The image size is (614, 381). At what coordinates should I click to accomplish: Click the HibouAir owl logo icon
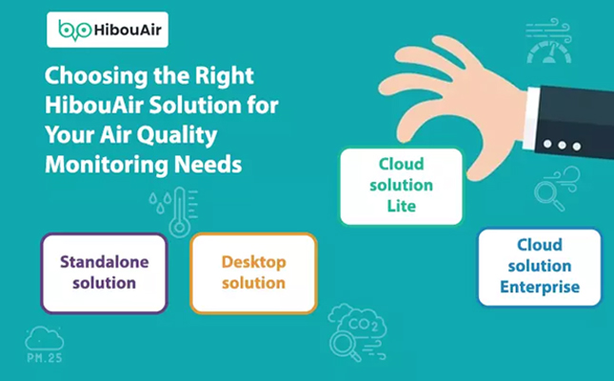tap(75, 30)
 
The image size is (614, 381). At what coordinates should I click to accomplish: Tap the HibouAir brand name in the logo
tap(128, 30)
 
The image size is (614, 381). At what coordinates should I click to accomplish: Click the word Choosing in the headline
tap(96, 76)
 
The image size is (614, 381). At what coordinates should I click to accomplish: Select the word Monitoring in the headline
tap(107, 164)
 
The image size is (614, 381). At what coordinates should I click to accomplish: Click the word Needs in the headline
tap(208, 164)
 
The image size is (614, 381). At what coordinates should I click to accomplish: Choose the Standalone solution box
tap(104, 273)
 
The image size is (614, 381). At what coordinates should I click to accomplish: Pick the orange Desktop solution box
tap(254, 273)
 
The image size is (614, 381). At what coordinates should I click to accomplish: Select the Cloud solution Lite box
tap(402, 186)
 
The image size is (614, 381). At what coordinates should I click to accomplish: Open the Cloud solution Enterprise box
tap(540, 268)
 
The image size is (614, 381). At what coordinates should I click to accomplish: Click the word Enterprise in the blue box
tap(540, 287)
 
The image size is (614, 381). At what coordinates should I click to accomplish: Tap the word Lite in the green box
tap(402, 206)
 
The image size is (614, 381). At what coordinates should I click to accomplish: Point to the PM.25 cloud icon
tap(44, 344)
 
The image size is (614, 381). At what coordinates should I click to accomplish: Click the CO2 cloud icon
tap(357, 331)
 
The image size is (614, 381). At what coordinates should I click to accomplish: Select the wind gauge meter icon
tap(548, 41)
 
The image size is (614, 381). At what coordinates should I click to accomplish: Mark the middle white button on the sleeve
tap(562, 145)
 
